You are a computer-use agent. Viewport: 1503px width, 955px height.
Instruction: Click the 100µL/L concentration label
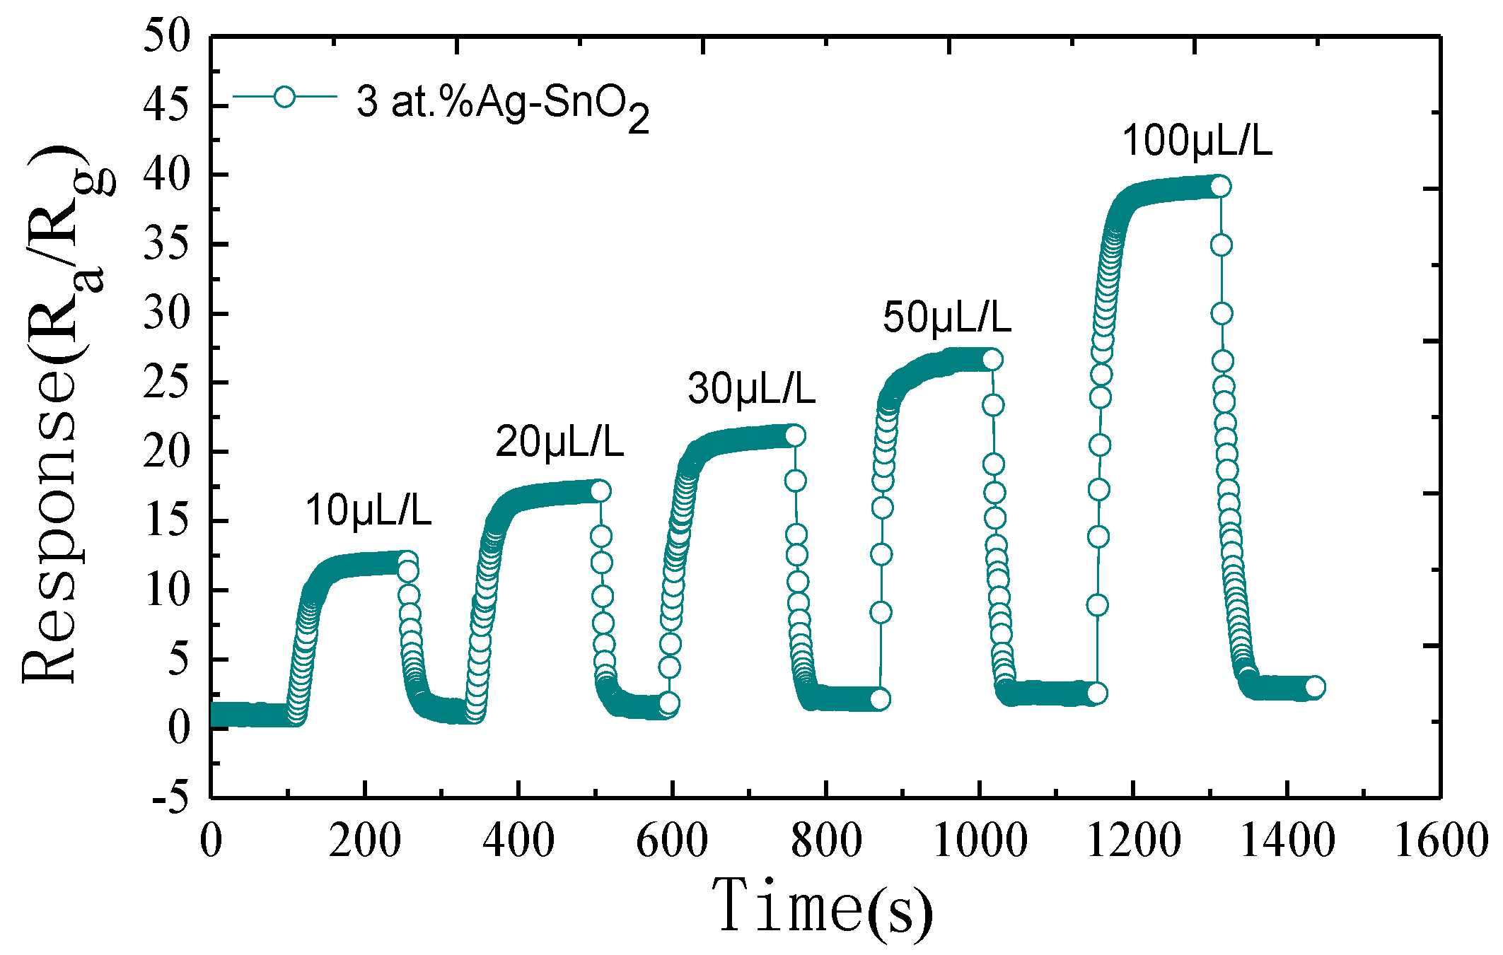click(1197, 141)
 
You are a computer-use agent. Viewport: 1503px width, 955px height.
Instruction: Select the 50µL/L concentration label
click(946, 317)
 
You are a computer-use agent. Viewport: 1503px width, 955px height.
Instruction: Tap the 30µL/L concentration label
click(751, 389)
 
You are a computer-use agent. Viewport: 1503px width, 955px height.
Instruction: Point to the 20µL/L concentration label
click(559, 443)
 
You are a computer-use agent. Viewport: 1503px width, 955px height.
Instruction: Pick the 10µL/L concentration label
click(368, 510)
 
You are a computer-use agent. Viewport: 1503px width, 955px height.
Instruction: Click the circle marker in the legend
click(284, 97)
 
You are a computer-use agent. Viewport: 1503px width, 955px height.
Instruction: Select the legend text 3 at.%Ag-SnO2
click(502, 104)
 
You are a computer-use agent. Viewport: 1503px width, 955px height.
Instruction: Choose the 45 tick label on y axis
click(167, 105)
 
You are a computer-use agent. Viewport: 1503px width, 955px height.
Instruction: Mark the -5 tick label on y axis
click(171, 797)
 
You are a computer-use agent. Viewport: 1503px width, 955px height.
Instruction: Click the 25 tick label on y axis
click(167, 382)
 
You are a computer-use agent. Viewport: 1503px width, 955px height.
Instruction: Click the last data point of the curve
click(1314, 686)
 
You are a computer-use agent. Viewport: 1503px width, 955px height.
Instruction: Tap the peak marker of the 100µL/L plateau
click(1221, 187)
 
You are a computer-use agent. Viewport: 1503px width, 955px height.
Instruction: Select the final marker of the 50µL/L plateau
click(992, 360)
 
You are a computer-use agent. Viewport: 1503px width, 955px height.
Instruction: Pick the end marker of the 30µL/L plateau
click(795, 436)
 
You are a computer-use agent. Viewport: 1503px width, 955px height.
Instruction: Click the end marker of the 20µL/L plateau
click(600, 491)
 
